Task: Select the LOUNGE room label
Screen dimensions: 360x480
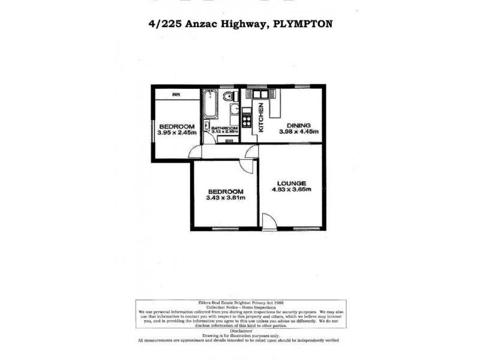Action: tap(292, 183)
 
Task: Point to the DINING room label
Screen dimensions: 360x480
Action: tap(298, 125)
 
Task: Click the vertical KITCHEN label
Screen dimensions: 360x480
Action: tap(261, 117)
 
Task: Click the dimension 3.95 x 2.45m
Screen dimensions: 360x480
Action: tap(176, 133)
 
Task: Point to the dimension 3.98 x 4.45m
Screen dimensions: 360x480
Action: tap(298, 131)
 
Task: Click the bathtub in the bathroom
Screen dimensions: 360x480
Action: tap(209, 105)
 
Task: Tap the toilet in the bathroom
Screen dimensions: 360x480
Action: tap(228, 97)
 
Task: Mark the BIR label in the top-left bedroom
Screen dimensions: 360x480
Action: tap(176, 94)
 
